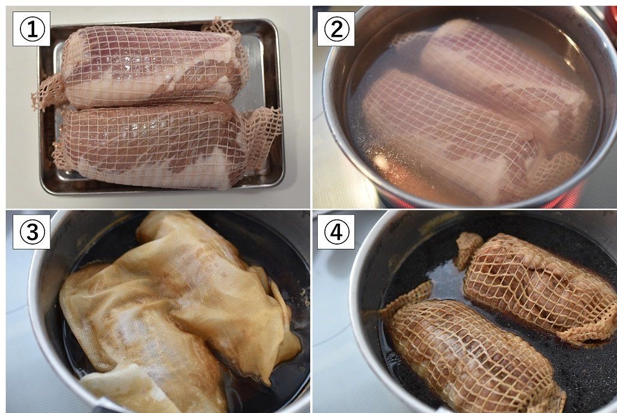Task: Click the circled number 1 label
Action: click(31, 29)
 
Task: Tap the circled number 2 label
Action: click(336, 29)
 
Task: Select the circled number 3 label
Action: click(31, 232)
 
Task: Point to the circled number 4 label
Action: click(336, 232)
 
